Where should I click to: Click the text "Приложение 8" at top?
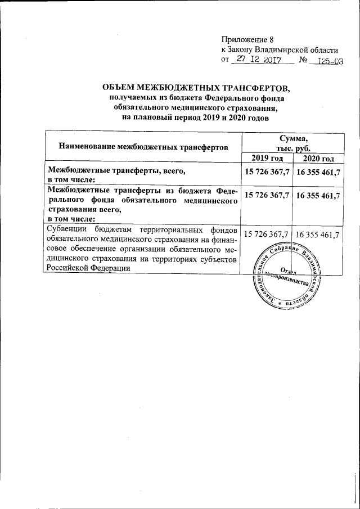point(246,39)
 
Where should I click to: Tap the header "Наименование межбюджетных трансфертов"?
point(143,147)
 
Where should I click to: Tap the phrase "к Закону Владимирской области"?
point(280,49)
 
